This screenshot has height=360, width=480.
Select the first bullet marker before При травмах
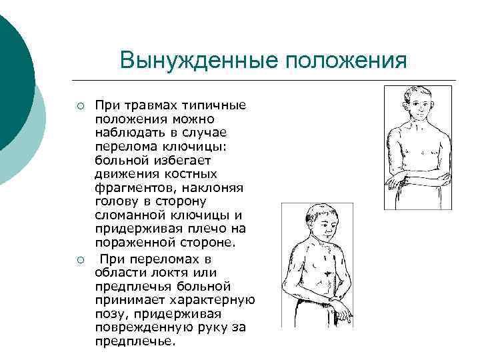click(x=79, y=106)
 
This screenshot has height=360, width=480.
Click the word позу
click(x=109, y=313)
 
